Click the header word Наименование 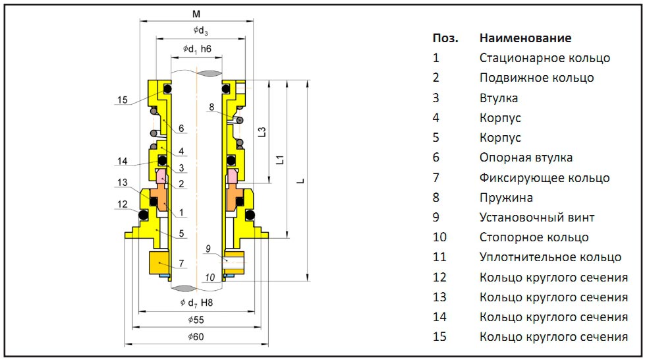click(525, 38)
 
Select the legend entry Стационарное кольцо click(545, 58)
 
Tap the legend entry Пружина click(506, 198)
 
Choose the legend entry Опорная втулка click(526, 158)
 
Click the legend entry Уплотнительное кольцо click(550, 257)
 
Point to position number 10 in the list click(439, 237)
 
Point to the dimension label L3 click(262, 131)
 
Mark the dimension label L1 click(280, 158)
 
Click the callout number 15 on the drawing click(122, 100)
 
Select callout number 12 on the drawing click(122, 204)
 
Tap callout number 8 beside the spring click(211, 107)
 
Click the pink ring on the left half click(162, 176)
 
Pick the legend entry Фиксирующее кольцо click(545, 178)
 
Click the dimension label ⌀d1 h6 click(197, 49)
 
